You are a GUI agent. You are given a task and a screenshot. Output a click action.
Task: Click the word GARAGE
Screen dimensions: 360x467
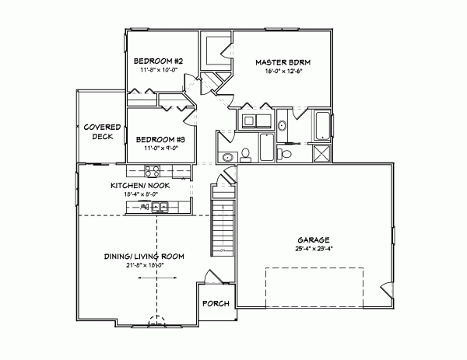click(x=314, y=239)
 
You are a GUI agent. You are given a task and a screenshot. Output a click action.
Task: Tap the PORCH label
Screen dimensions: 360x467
click(x=216, y=302)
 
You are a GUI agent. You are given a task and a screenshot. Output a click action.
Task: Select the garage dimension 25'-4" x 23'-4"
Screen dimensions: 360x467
click(x=314, y=249)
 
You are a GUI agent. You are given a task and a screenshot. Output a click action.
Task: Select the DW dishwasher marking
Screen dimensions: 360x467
click(x=144, y=207)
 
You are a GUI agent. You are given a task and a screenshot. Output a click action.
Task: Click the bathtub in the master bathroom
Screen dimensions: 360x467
click(x=321, y=124)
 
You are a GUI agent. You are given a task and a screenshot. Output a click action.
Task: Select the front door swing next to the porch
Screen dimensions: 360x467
click(x=209, y=277)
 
